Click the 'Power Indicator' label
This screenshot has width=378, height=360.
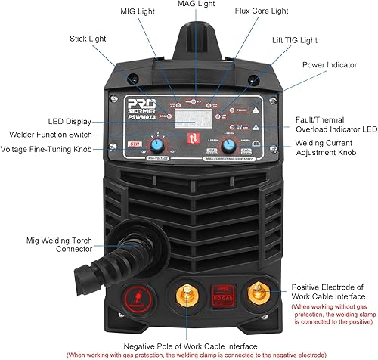point(328,64)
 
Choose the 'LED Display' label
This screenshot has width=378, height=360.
point(70,121)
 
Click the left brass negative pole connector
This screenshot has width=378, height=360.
point(183,291)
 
